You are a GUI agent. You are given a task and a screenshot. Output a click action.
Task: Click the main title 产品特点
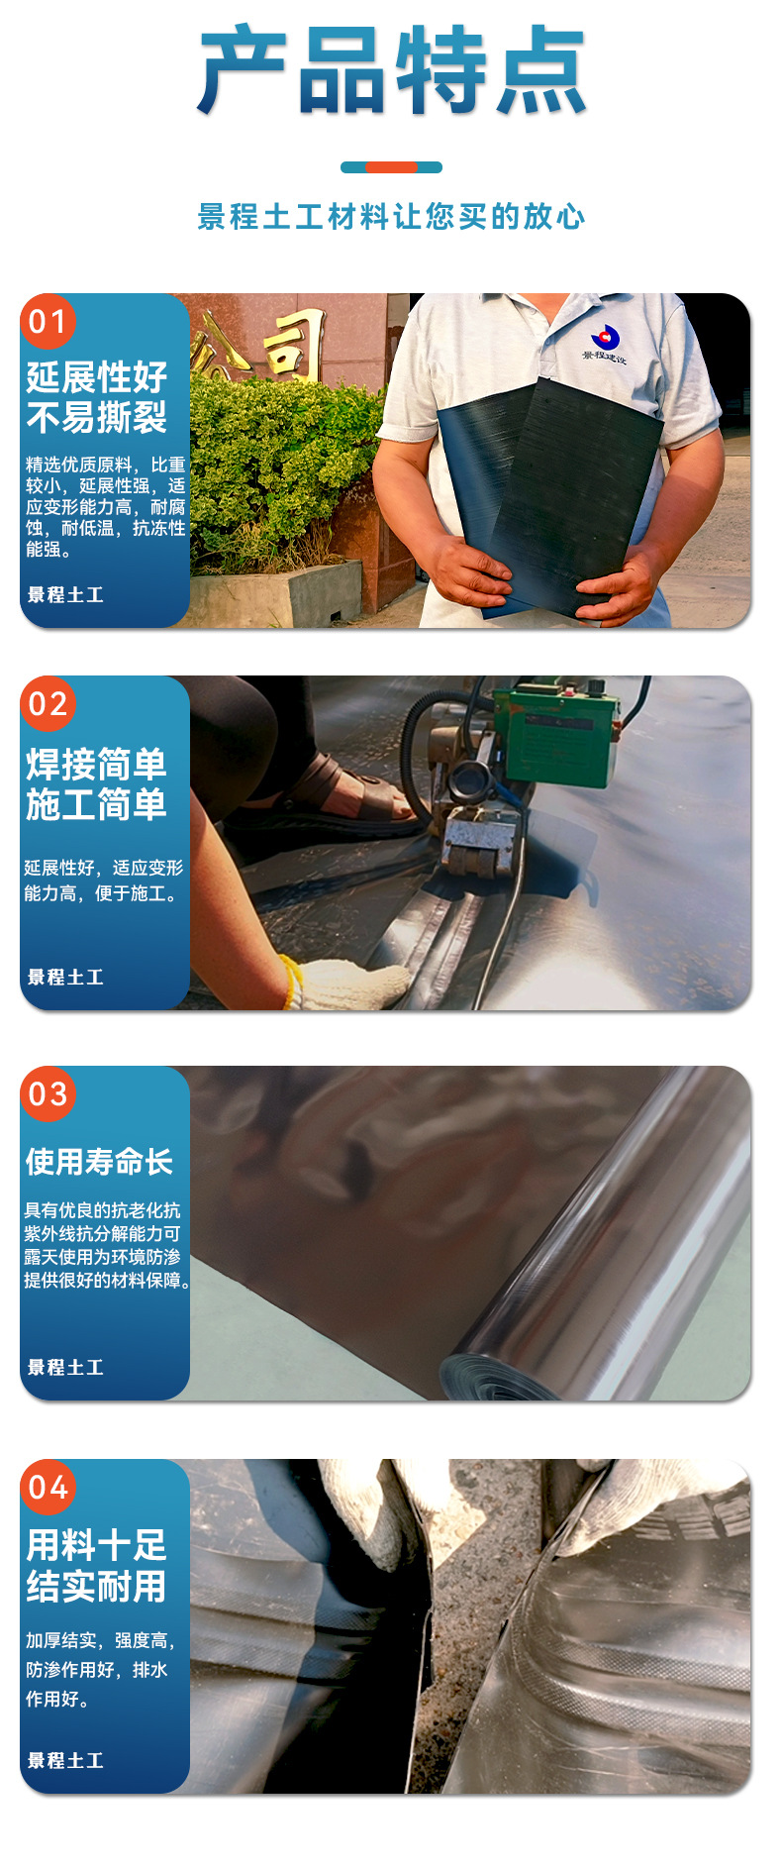pos(391,71)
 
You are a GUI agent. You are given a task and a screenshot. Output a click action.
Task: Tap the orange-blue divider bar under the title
pos(391,167)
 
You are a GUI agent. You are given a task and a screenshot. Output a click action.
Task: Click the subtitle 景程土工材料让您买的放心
pos(391,217)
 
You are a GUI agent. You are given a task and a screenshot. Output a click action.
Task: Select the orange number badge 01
pos(48,321)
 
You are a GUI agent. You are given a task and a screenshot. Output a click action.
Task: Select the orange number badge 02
pos(48,703)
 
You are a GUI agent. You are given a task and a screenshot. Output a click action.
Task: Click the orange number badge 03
pos(48,1093)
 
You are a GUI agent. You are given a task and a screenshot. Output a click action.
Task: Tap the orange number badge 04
pos(48,1487)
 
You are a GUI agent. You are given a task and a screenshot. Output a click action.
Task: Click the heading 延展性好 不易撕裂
pos(97,397)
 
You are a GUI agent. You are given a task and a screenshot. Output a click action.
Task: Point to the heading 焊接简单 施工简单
pos(97,784)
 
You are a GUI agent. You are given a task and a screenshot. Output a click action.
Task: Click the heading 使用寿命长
pos(99,1161)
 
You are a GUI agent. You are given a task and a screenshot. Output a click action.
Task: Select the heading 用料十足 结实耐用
pos(97,1566)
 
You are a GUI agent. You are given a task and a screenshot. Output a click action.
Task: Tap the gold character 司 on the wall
pos(294,344)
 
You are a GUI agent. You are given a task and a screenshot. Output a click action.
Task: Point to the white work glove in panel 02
pos(351,983)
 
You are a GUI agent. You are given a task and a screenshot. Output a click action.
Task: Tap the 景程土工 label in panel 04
pos(65,1760)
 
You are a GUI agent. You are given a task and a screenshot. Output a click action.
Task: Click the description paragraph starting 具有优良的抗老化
pos(104,1245)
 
